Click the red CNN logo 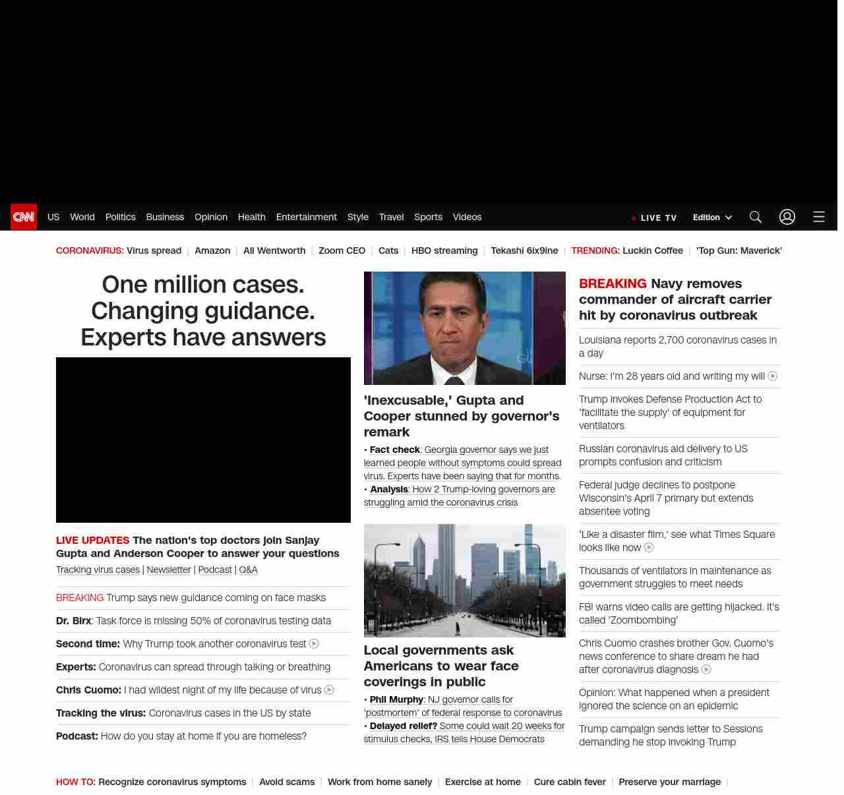[24, 217]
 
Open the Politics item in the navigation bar [120, 217]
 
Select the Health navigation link [251, 217]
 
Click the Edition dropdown [712, 218]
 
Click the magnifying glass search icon [756, 217]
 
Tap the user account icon [787, 217]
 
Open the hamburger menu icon [819, 217]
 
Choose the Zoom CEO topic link [342, 250]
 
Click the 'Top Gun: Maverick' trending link [738, 250]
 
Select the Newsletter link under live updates [169, 570]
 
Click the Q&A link [248, 570]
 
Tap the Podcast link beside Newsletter [215, 570]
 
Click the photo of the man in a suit [464, 328]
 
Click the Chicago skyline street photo [464, 581]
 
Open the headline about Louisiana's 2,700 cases [677, 346]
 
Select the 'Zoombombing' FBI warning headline [678, 613]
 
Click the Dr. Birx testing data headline [193, 620]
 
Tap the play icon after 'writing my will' [773, 376]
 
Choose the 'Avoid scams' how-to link [287, 782]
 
